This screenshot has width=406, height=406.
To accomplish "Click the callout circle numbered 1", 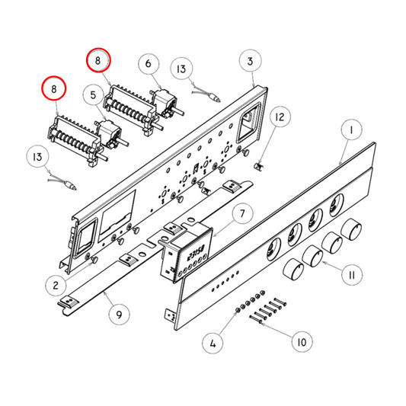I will (350, 131).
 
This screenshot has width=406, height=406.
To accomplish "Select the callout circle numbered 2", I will (56, 286).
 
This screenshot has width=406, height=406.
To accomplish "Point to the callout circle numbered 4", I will (213, 344).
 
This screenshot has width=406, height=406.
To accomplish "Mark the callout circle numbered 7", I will (241, 215).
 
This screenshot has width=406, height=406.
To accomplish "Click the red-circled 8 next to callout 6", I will (98, 59).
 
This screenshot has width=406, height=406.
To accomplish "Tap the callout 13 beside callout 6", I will (181, 69).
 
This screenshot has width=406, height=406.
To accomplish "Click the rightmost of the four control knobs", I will (352, 230).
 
